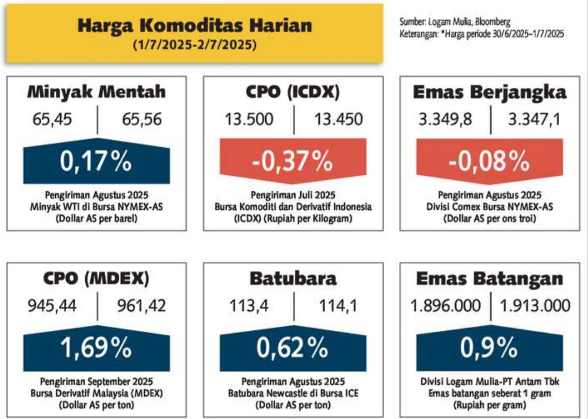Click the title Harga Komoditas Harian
(195, 25)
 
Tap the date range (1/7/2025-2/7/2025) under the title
(195, 45)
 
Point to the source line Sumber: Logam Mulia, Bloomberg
(455, 22)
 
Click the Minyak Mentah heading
(96, 92)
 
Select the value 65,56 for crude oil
(142, 120)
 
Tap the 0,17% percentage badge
(96, 161)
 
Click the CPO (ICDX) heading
(293, 92)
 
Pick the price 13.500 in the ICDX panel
(249, 120)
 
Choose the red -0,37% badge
(293, 161)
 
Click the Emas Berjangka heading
(489, 92)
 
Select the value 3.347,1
(534, 120)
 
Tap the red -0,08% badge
(489, 161)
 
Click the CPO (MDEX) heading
(96, 279)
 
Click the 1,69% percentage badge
(96, 348)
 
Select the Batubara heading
(293, 279)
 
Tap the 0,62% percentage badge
(293, 348)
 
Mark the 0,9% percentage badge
(489, 348)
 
